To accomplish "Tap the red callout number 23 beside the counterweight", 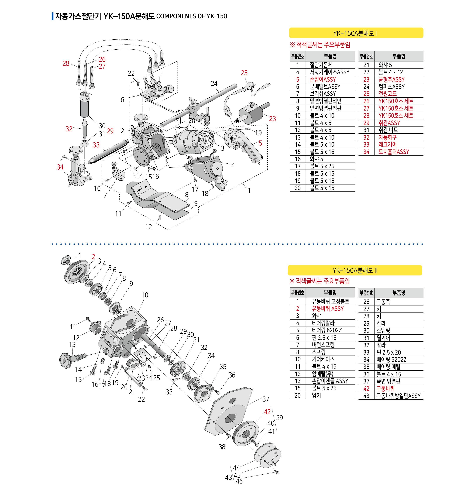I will point(272,119).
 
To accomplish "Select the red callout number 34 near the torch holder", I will point(60,167).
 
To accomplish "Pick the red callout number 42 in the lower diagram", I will point(267,412).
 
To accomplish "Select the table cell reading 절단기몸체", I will point(321,65).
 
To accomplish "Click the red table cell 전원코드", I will point(387,94).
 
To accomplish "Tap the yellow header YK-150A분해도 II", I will point(355,270).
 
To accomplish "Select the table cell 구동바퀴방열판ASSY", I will point(398,396).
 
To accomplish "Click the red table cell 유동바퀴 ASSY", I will point(328,309).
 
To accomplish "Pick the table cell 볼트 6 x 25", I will point(324,388).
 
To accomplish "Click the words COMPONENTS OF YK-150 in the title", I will point(191,16).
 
